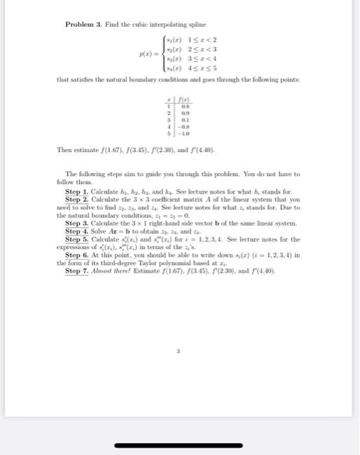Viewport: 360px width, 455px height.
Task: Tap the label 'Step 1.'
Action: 77,193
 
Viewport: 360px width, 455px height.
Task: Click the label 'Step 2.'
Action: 77,200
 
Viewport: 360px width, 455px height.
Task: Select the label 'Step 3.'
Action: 77,224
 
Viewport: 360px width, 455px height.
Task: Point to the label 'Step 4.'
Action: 77,231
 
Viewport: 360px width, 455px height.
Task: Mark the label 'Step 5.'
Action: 77,239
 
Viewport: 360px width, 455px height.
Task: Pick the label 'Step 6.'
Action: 77,255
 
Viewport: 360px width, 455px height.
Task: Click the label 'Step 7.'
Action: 77,270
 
